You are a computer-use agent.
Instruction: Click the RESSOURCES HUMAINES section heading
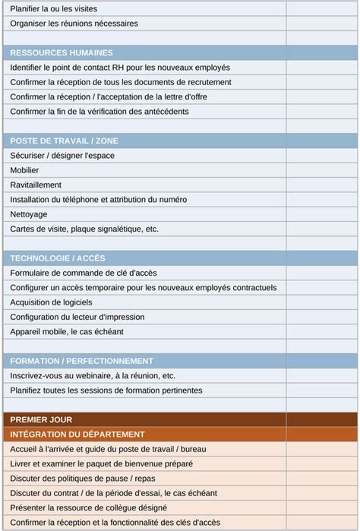pos(62,53)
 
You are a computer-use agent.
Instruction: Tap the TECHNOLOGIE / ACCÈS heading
pos(58,258)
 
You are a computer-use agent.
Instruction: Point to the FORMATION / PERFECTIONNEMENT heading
pos(82,361)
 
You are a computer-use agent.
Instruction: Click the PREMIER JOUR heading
pos(42,419)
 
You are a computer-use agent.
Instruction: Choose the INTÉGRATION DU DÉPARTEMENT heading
pos(77,435)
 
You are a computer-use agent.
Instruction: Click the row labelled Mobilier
pos(25,170)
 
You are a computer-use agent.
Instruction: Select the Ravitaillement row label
pos(36,185)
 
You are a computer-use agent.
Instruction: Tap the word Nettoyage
pos(29,214)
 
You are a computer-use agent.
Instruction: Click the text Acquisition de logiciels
pos(52,302)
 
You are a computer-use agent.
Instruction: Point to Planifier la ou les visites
pos(54,9)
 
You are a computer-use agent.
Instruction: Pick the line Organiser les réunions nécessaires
pos(74,24)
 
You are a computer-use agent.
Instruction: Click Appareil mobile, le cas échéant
pos(67,331)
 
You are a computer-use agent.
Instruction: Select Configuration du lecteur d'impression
pos(77,317)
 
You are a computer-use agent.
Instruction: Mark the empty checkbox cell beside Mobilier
pos(321,170)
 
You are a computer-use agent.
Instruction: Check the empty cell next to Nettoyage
pos(321,214)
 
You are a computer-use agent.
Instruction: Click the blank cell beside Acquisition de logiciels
pos(321,302)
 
